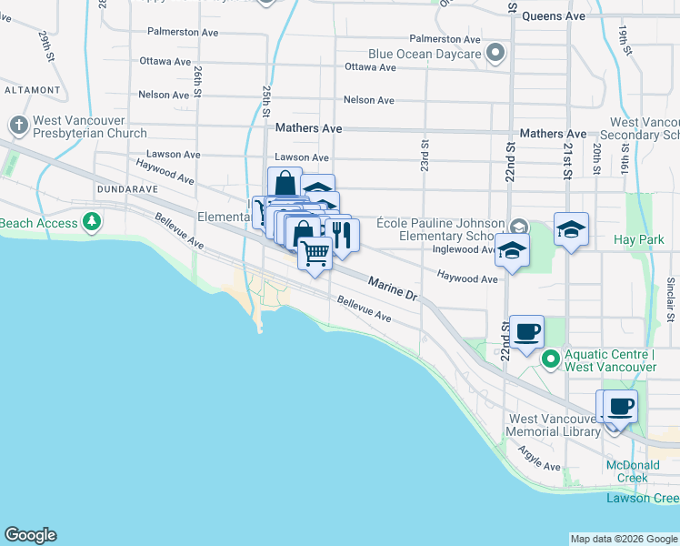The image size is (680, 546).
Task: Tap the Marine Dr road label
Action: click(x=392, y=290)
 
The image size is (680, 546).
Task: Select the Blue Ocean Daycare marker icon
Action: click(x=495, y=54)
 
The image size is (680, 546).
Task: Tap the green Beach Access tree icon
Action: click(x=91, y=221)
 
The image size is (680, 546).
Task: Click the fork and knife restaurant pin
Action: click(x=342, y=236)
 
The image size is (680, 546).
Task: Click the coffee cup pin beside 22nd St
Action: click(x=526, y=331)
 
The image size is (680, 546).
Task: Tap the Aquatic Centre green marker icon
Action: click(x=550, y=359)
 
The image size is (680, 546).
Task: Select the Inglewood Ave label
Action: click(x=464, y=249)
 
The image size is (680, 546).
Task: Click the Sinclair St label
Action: click(x=669, y=300)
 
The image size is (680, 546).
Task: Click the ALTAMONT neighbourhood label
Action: click(x=31, y=90)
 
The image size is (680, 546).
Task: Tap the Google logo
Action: click(x=30, y=535)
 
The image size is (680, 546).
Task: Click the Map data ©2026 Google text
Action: click(x=624, y=539)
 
